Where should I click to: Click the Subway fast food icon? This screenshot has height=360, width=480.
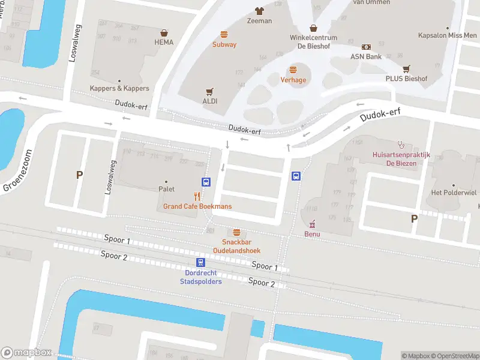224,34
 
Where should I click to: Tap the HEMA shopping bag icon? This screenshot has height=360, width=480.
163,33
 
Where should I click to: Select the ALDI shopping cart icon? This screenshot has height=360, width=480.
209,91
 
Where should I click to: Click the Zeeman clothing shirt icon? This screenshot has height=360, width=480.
259,11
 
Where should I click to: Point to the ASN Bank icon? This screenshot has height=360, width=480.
366,47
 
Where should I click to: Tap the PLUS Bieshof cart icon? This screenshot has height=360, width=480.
406,68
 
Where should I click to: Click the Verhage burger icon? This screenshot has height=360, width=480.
293,70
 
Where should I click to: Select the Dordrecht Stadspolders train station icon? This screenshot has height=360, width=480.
200,262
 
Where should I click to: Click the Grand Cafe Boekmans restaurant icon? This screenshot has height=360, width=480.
196,196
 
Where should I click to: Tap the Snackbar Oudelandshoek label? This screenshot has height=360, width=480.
236,246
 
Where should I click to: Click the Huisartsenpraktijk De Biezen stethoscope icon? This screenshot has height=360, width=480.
401,144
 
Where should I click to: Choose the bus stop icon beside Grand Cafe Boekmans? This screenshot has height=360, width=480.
206,182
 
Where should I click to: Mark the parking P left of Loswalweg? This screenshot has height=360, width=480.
78,175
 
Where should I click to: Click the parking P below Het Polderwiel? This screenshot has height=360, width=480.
414,219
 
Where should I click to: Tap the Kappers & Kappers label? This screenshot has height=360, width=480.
119,88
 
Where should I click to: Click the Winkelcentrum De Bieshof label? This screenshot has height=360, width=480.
313,41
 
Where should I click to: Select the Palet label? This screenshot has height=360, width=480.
166,189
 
